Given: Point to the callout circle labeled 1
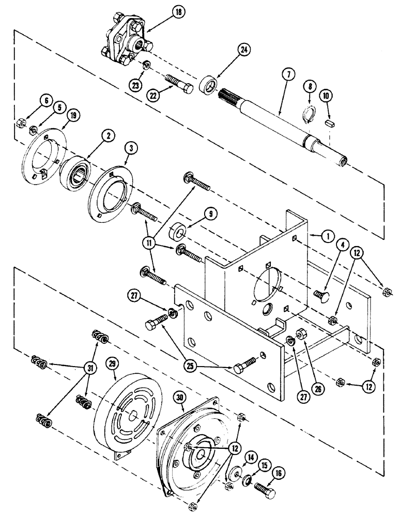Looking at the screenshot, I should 326,235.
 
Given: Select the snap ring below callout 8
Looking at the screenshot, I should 309,115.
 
